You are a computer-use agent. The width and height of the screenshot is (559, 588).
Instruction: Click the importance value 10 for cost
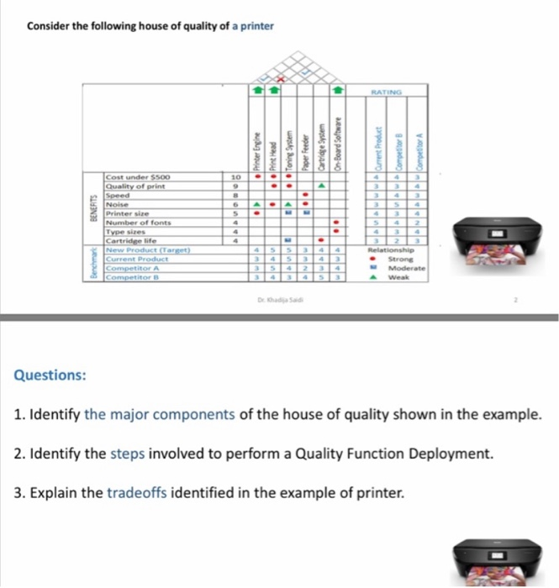(x=235, y=177)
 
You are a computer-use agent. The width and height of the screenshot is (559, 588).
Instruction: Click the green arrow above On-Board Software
(x=338, y=87)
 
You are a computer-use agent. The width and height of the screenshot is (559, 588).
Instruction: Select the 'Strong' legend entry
(x=399, y=259)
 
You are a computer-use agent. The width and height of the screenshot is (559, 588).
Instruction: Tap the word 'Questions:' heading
(x=50, y=375)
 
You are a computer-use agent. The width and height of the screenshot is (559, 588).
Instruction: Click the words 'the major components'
(x=159, y=415)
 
